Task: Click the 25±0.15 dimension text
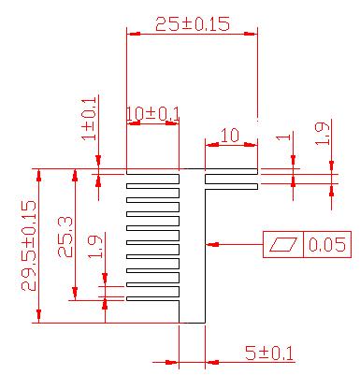(x=193, y=24)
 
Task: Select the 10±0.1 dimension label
(x=153, y=113)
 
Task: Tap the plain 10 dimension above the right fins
(x=230, y=136)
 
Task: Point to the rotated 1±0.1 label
(x=90, y=119)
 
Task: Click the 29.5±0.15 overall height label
(x=29, y=246)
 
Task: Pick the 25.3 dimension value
(x=65, y=237)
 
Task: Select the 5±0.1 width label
(x=269, y=353)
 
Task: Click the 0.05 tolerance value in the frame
(x=327, y=244)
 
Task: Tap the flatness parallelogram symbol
(x=283, y=244)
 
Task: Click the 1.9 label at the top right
(x=322, y=133)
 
